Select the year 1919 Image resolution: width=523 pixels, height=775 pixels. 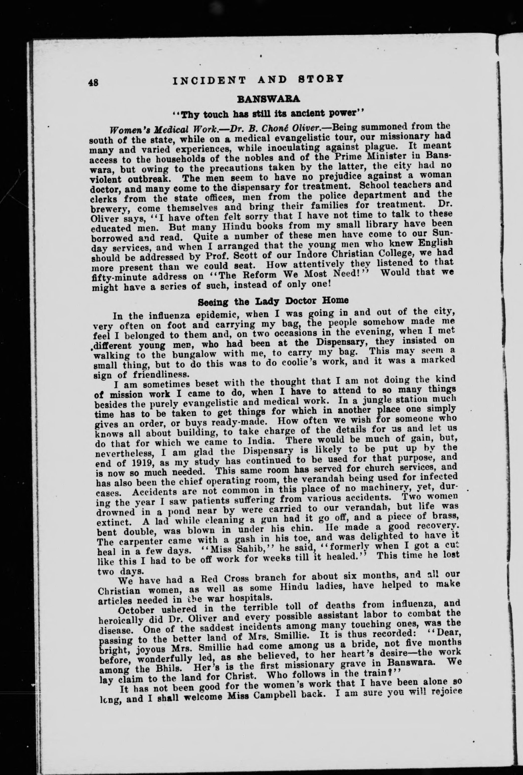[x=137, y=462]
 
